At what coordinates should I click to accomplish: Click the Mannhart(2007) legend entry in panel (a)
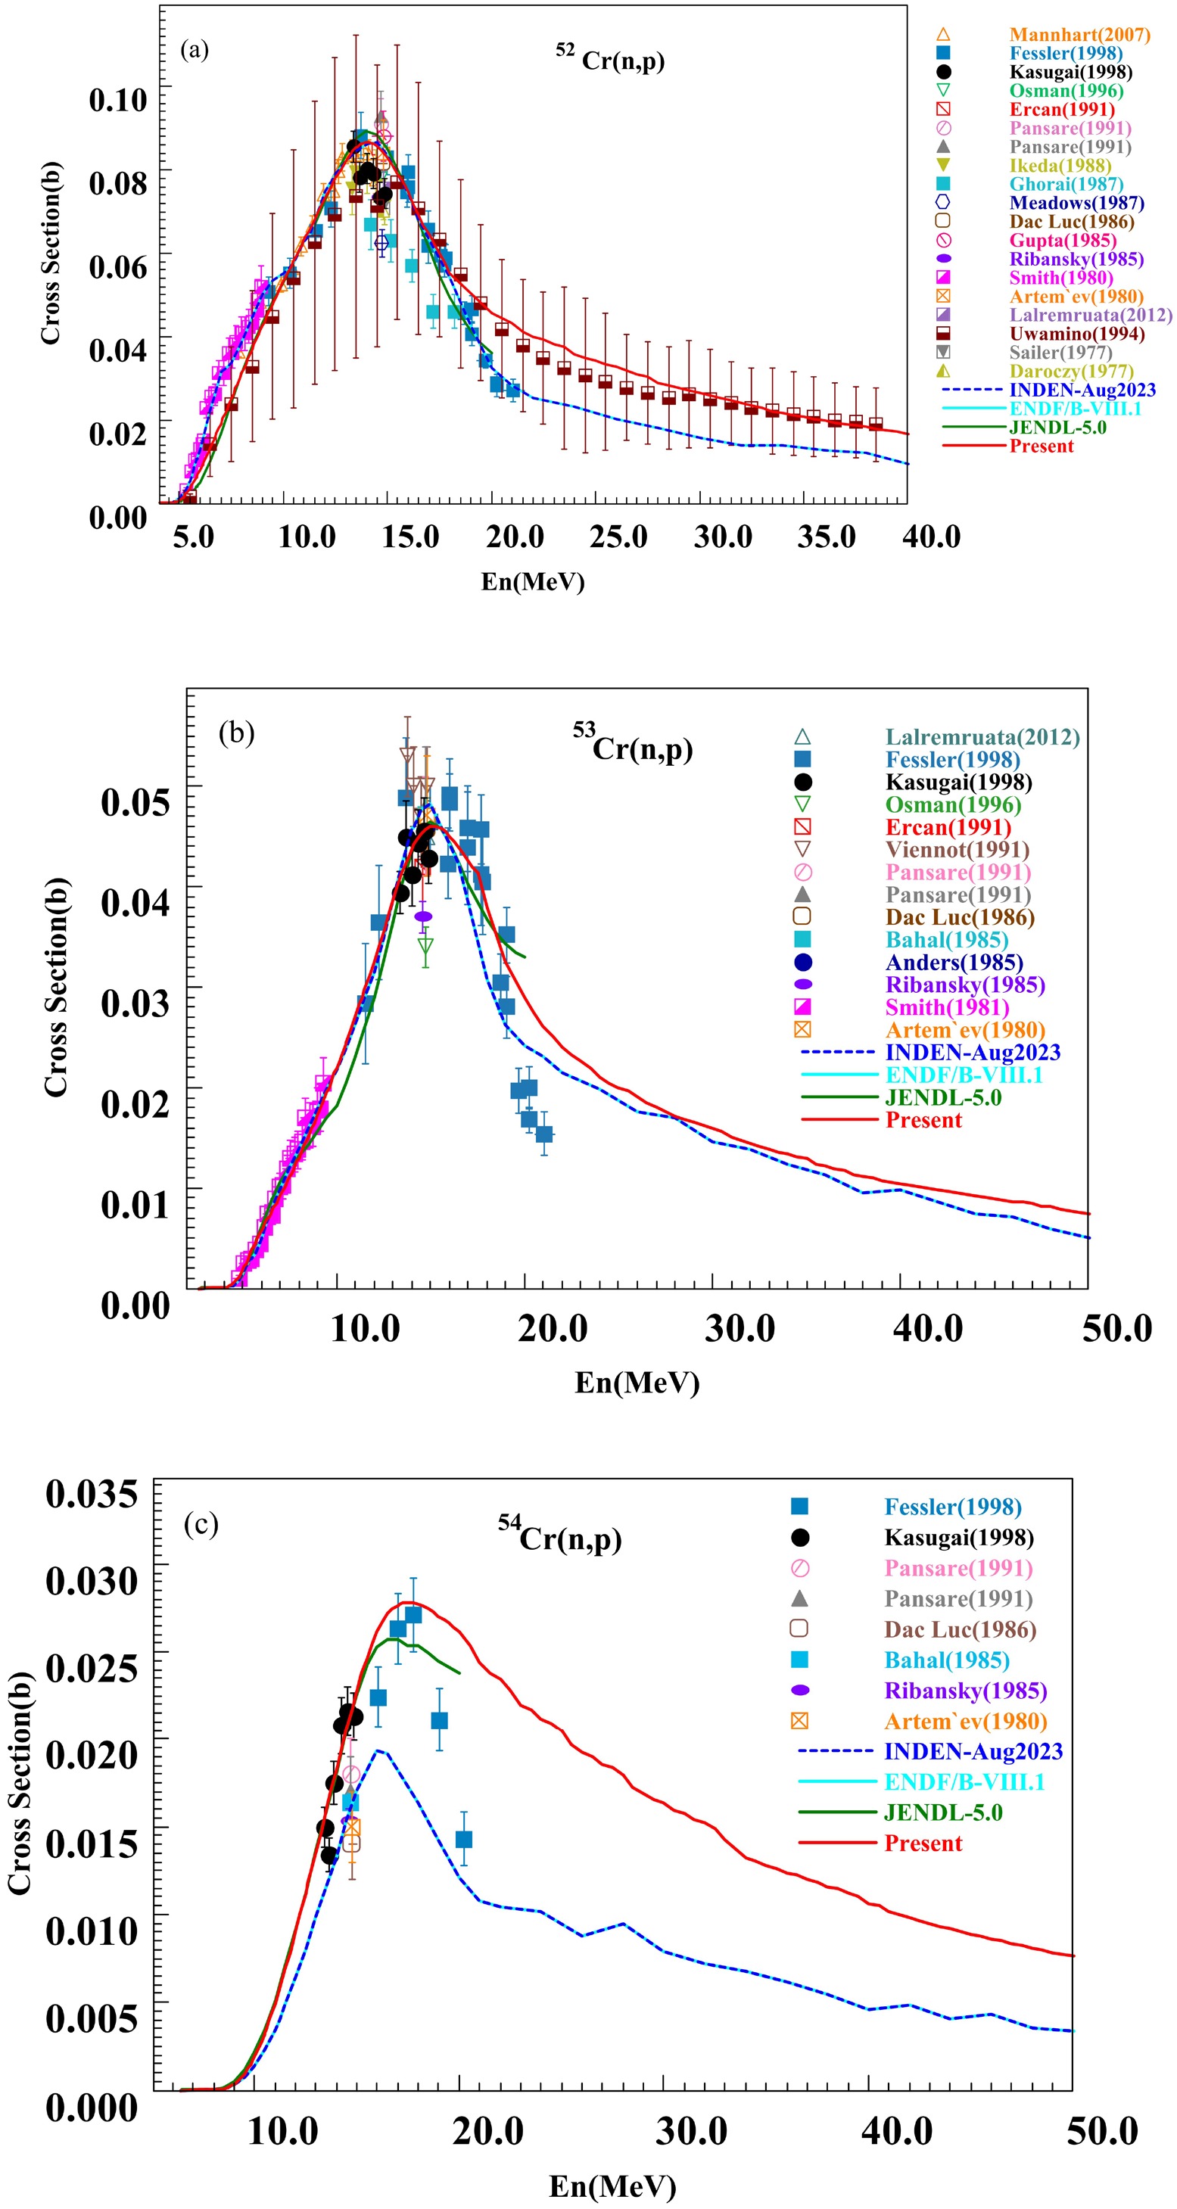pyautogui.click(x=1079, y=34)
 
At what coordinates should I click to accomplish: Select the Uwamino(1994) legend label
pyautogui.click(x=1076, y=334)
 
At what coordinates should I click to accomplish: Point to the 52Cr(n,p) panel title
pyautogui.click(x=610, y=59)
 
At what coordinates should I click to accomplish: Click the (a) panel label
pyautogui.click(x=194, y=50)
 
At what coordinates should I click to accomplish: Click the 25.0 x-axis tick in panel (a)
pyautogui.click(x=618, y=537)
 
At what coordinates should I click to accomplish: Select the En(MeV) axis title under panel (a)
pyautogui.click(x=533, y=581)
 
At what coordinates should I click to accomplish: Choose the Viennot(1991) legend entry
pyautogui.click(x=957, y=850)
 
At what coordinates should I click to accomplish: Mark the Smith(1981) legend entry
pyautogui.click(x=947, y=1007)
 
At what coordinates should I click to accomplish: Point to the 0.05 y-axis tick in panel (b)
pyautogui.click(x=135, y=801)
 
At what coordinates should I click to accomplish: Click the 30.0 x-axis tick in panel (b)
pyautogui.click(x=740, y=1328)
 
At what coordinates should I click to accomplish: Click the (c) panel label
pyautogui.click(x=201, y=1524)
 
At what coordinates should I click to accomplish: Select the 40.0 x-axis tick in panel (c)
pyautogui.click(x=896, y=2131)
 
